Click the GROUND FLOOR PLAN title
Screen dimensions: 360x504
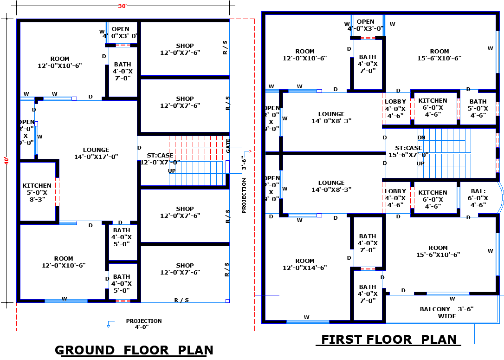coord(134,350)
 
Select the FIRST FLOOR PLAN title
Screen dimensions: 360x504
coord(388,340)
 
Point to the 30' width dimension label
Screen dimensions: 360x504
coord(123,6)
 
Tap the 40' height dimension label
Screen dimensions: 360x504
coord(6,160)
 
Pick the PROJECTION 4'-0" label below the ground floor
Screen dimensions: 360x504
coord(144,324)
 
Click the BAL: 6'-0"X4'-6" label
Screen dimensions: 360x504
coord(478,198)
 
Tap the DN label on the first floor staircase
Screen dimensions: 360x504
coord(421,137)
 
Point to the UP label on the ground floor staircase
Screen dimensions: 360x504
coord(172,171)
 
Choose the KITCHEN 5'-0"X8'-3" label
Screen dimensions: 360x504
coord(37,192)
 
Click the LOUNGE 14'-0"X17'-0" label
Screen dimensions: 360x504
coord(96,153)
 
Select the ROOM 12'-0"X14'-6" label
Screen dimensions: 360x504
coord(305,264)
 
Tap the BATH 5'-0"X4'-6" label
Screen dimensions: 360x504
coord(478,108)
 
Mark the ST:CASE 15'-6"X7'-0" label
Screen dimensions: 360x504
coord(408,151)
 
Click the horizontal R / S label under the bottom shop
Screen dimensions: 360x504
coord(181,300)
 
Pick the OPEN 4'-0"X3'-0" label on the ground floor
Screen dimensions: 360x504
coord(120,33)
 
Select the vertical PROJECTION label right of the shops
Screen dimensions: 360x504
coord(244,196)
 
